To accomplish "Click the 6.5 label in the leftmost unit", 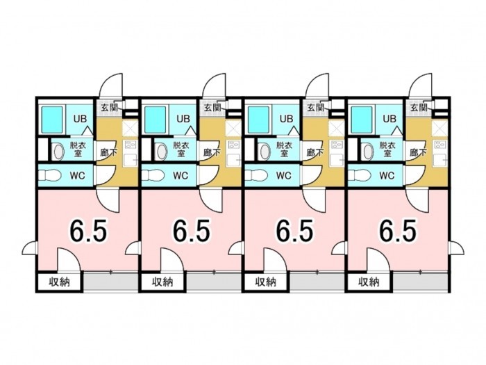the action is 89,230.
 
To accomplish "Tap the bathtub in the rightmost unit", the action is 362,120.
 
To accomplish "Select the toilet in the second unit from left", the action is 153,176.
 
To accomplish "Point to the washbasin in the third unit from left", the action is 265,152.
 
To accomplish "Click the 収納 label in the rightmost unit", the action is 369,282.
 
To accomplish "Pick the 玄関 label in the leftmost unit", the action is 109,108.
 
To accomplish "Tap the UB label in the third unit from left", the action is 286,119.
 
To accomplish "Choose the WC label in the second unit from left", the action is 181,176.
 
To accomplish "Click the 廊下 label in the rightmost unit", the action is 418,152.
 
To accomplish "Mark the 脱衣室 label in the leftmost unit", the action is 78,149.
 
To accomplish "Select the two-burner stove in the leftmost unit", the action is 131,145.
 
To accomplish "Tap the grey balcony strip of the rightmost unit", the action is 421,282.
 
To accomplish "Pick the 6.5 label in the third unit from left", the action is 295,230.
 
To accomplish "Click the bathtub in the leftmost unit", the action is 52,120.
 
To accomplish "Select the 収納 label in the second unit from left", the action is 162,282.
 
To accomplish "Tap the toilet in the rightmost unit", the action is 360,176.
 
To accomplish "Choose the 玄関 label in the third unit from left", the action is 315,108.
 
